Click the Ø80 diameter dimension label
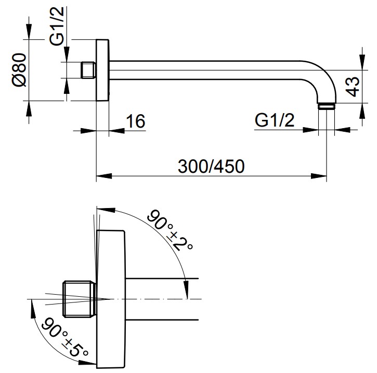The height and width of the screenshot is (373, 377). [x=19, y=70]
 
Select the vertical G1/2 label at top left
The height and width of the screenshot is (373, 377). [x=57, y=26]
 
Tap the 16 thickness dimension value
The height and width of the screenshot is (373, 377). [x=136, y=121]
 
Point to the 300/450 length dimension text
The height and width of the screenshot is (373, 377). [x=211, y=166]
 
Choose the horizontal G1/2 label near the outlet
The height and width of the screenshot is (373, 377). [x=275, y=120]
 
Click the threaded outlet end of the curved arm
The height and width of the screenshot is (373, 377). [x=327, y=106]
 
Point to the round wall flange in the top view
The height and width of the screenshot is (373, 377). [x=102, y=70]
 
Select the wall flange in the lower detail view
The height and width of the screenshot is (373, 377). [x=111, y=299]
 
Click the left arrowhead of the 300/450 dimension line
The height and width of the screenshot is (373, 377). [x=104, y=176]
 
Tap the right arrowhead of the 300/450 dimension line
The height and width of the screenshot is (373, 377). [x=319, y=176]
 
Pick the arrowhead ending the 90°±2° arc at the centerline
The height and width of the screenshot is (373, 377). [x=186, y=291]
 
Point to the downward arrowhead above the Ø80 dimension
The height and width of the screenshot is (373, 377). [x=29, y=31]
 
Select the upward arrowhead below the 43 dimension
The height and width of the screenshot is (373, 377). [x=362, y=111]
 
